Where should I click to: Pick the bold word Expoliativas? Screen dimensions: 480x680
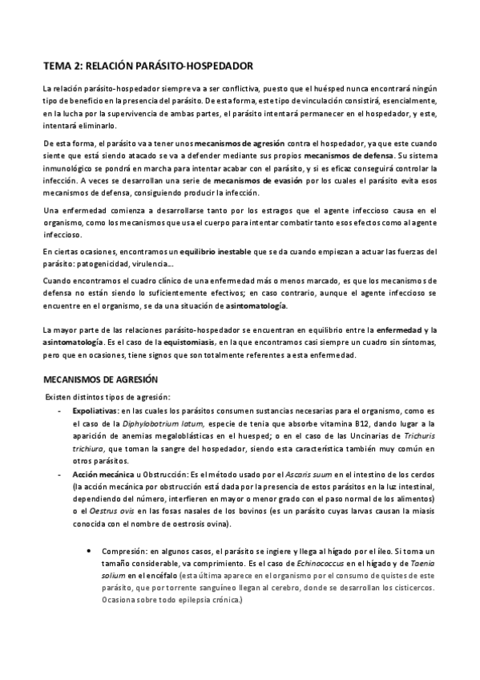coord(94,409)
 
